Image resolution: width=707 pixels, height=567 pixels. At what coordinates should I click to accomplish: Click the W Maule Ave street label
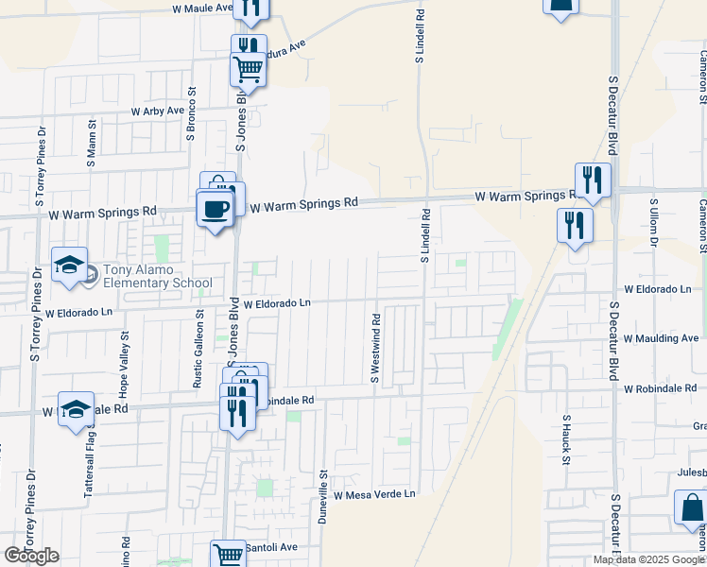point(202,8)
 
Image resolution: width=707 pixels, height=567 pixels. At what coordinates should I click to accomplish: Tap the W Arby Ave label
point(158,111)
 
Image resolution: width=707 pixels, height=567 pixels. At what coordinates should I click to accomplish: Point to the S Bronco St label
point(191,115)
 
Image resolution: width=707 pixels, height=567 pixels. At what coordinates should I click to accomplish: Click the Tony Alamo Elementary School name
point(158,275)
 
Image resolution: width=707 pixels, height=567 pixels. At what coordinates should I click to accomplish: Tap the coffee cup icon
point(214,209)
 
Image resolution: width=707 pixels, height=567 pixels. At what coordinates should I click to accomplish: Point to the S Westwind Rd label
point(375,346)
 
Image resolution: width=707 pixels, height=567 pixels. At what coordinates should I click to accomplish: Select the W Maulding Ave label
point(661,337)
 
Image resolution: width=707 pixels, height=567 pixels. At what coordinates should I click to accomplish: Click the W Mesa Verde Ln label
point(374,494)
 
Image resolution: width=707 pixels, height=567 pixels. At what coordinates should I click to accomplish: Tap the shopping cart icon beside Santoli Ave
point(227,555)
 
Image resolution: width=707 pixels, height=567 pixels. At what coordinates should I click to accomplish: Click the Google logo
point(32,556)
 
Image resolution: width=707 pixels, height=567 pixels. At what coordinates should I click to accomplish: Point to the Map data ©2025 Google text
point(648,559)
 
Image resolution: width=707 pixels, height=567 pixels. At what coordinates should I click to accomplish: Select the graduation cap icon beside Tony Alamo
point(70,266)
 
